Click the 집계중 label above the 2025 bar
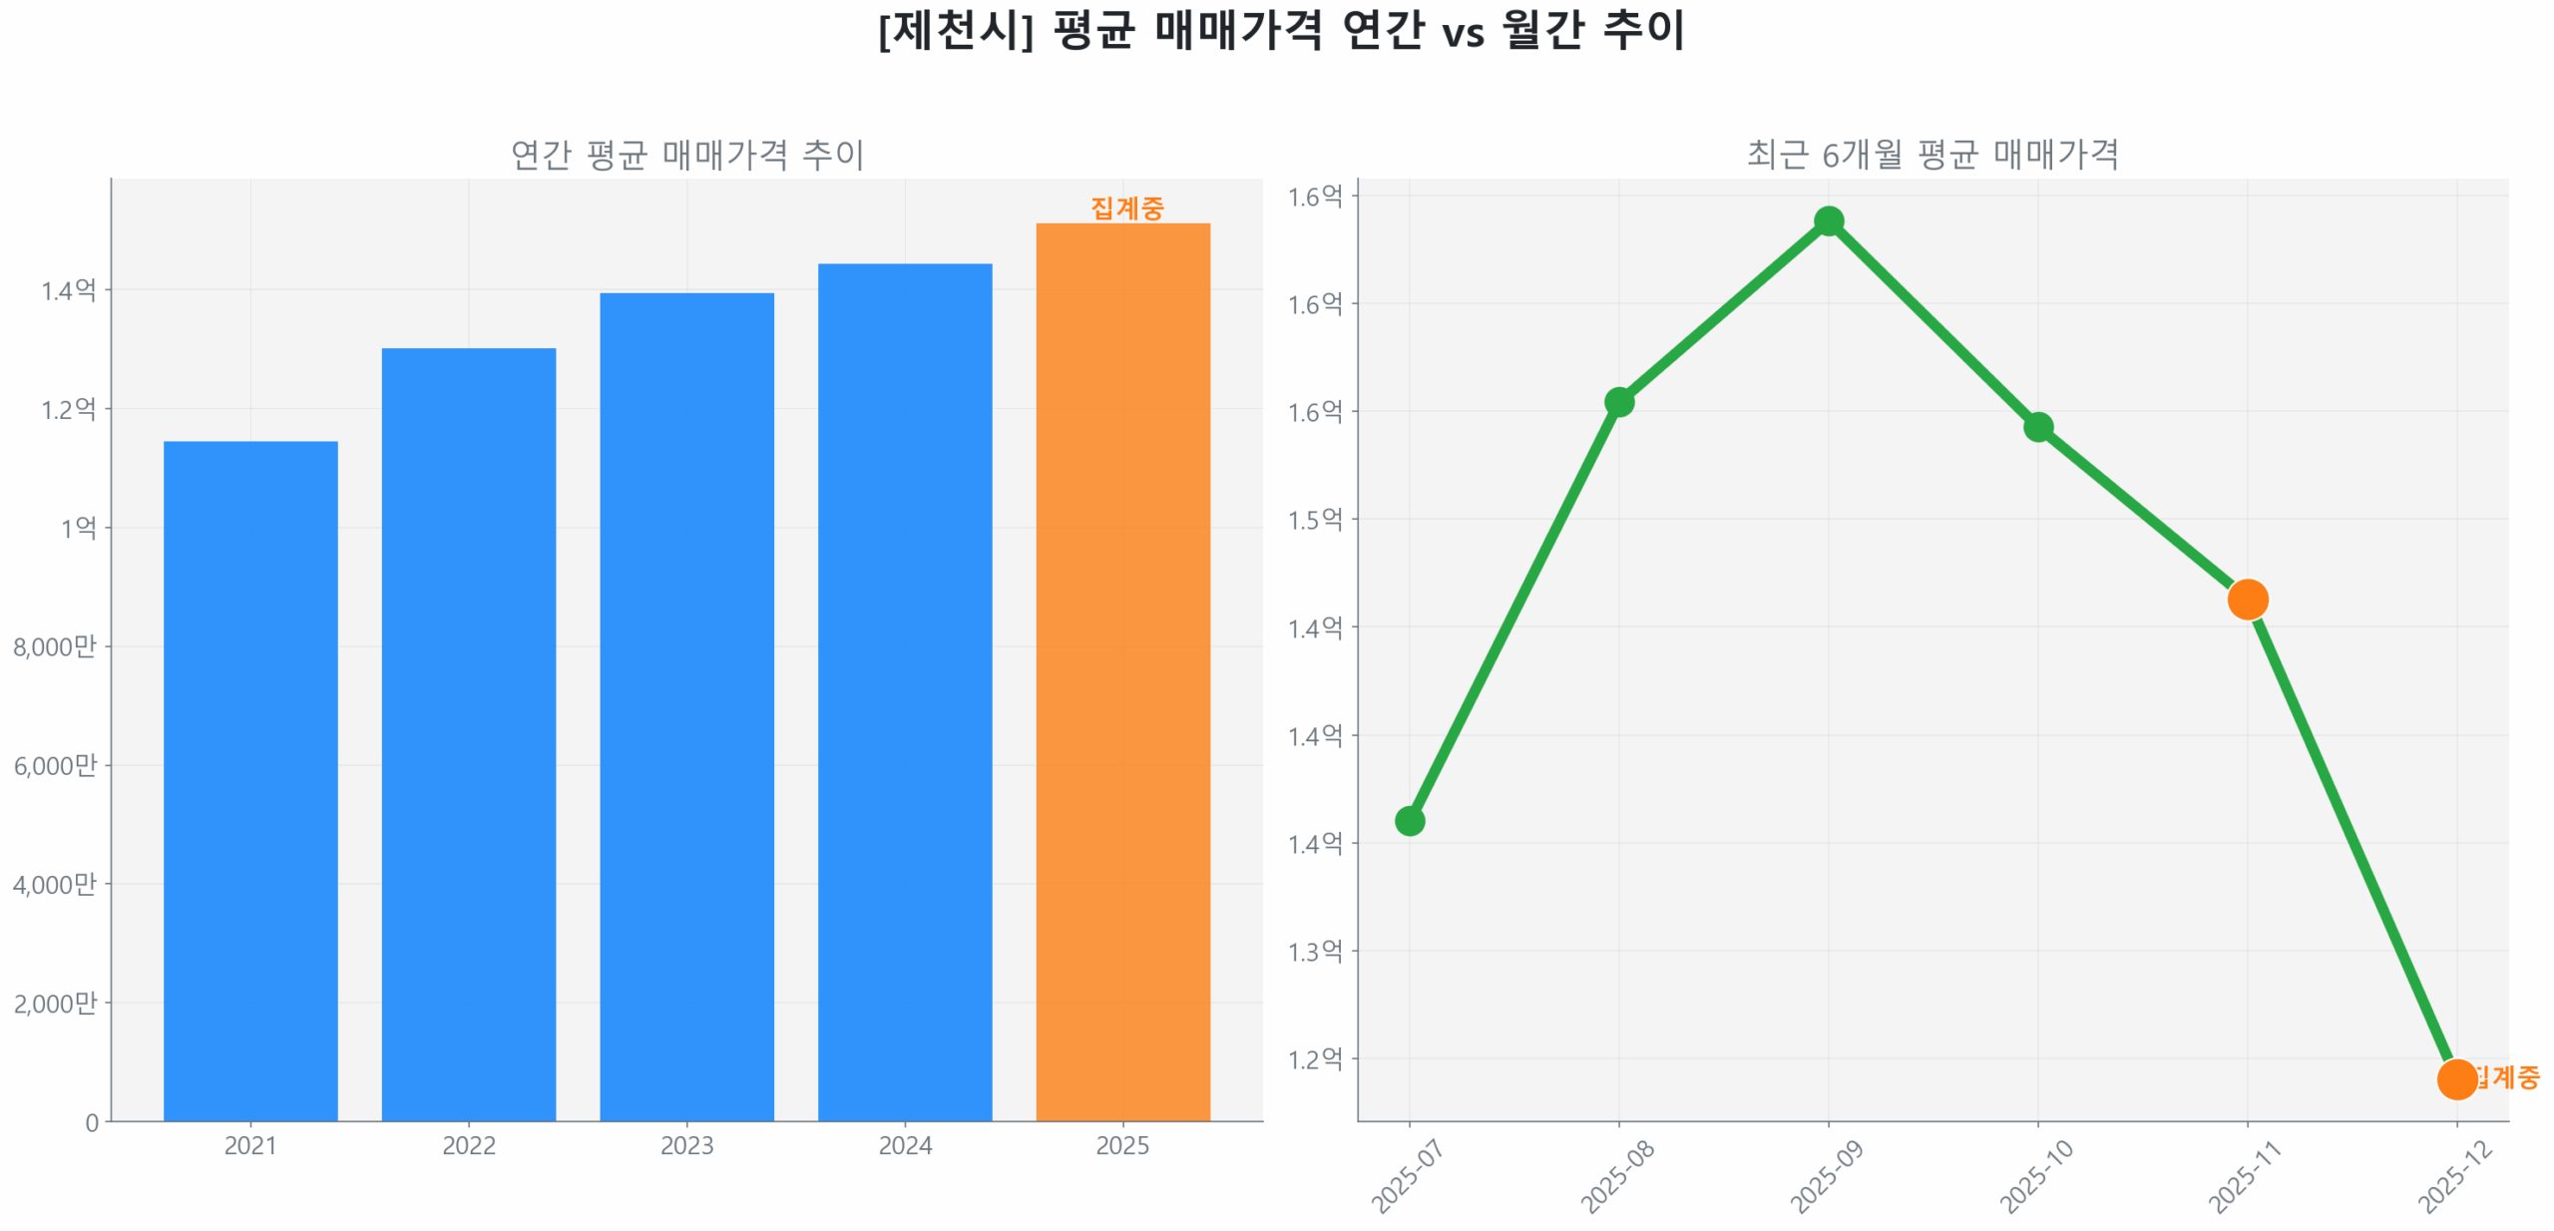(x=1126, y=207)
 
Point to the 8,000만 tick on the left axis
(x=55, y=646)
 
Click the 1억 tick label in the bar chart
(x=78, y=528)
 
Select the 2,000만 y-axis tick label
(x=55, y=1003)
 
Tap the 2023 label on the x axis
(x=686, y=1145)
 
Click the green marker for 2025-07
(x=1409, y=820)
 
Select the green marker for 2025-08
(x=1618, y=401)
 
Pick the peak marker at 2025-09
(x=1828, y=220)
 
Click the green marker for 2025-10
(x=2037, y=426)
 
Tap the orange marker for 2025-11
(x=2247, y=599)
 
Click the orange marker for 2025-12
(x=2455, y=1078)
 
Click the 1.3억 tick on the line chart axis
(x=1314, y=951)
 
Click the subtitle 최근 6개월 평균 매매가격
(x=1931, y=154)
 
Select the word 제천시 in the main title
(x=955, y=30)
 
